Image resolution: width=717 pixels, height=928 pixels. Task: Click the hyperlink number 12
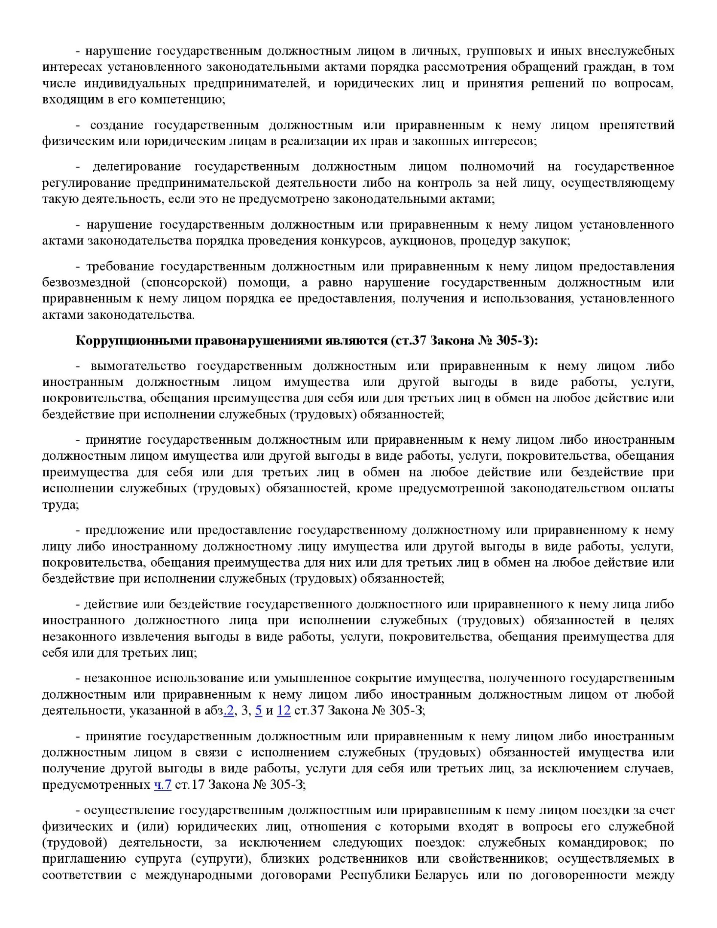tap(284, 710)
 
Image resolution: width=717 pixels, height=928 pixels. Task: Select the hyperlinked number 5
tap(259, 710)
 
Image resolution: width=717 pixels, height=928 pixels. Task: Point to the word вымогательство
tap(138, 366)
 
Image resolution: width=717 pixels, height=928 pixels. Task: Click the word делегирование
tap(137, 166)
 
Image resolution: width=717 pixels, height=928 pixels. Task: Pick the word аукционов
tap(422, 241)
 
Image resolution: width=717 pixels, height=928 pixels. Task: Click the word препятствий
tap(636, 125)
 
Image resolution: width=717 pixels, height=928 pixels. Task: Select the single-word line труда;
tap(60, 505)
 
